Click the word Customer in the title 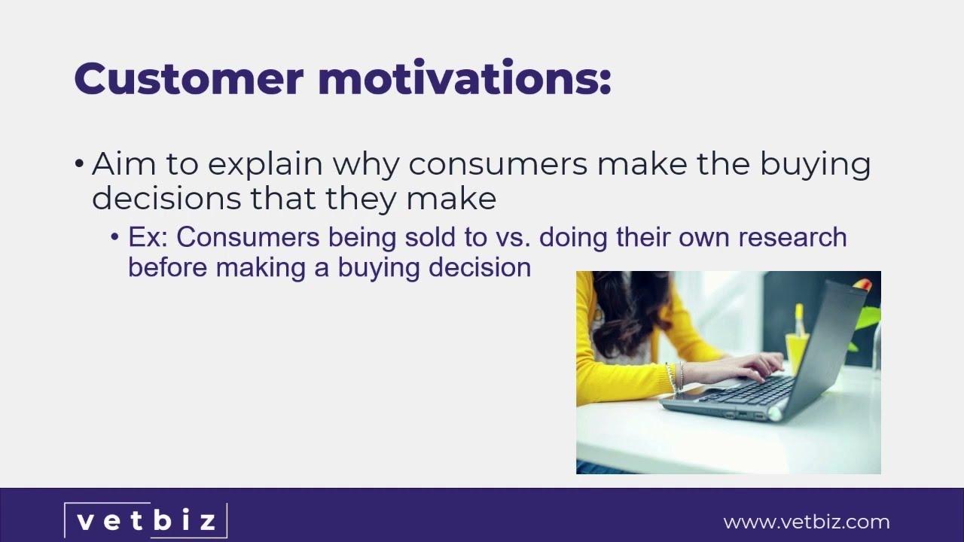click(188, 78)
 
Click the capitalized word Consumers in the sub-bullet click(249, 237)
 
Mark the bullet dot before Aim click(80, 165)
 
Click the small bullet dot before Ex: click(115, 238)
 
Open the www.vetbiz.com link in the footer click(806, 522)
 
